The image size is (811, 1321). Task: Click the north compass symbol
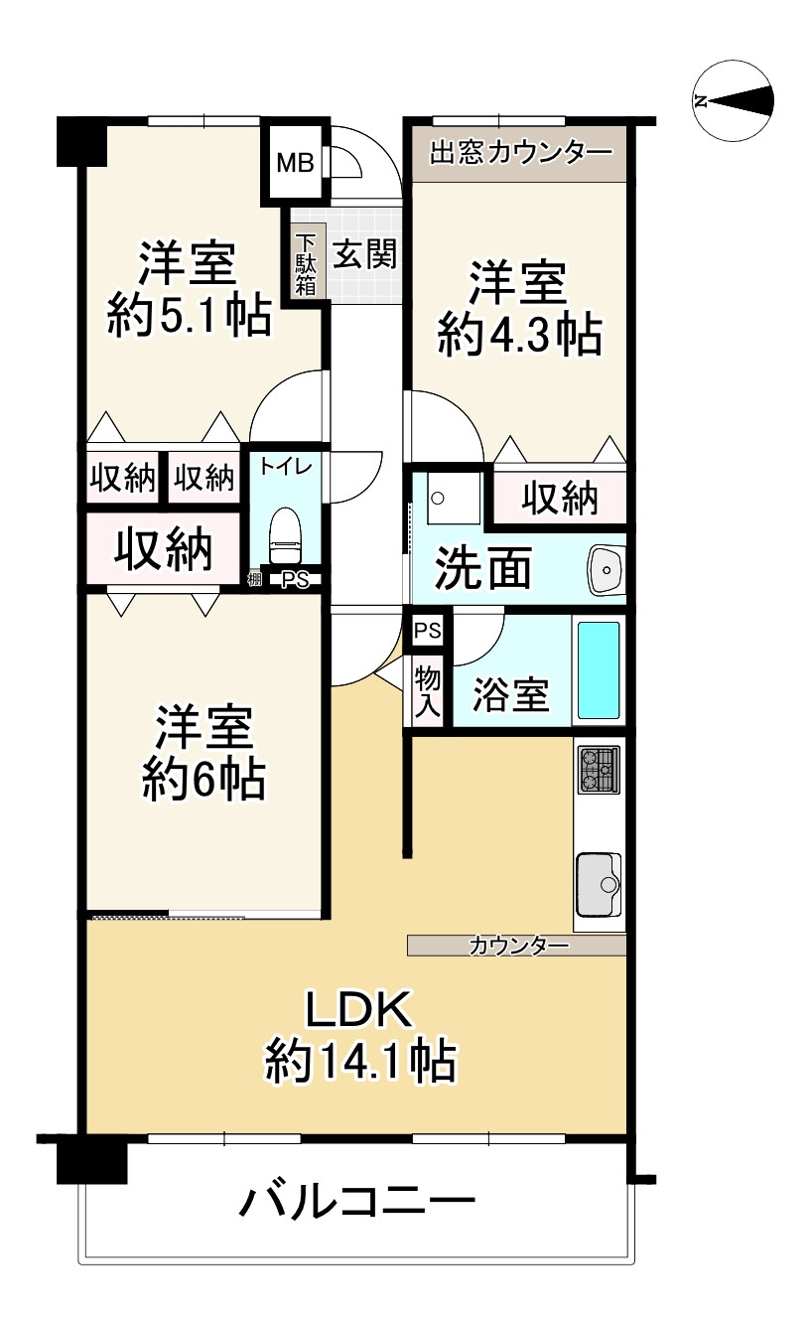pos(734,100)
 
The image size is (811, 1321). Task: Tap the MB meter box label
pos(294,163)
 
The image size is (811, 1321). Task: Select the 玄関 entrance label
pos(364,255)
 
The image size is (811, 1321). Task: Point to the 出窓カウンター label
pos(520,153)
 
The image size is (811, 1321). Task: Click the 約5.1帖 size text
pos(189,318)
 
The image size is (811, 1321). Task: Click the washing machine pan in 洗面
pos(454,498)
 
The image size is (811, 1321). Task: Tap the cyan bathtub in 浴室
pos(599,669)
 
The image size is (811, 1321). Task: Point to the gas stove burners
pos(599,769)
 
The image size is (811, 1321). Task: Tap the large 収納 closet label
pos(163,548)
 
